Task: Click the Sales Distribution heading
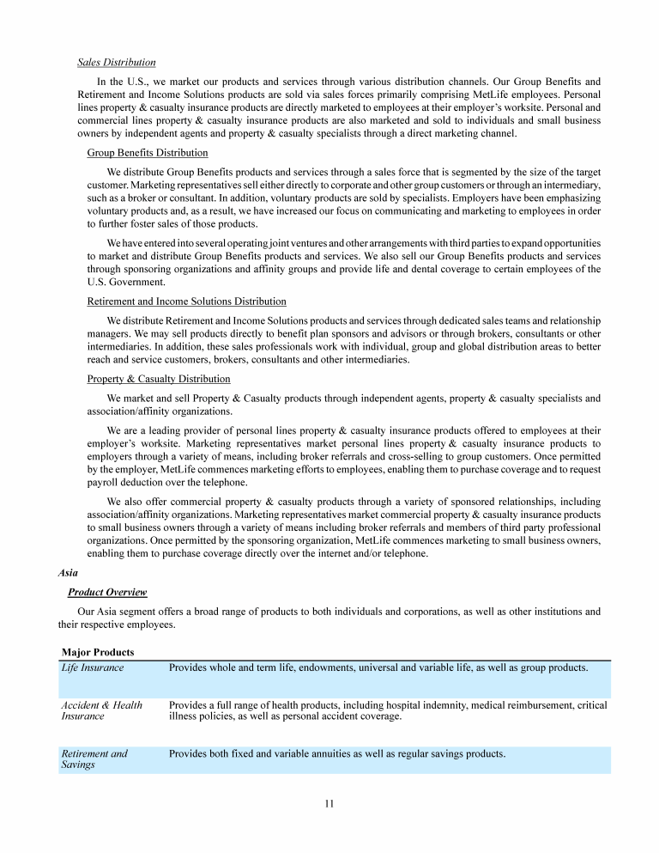click(x=117, y=62)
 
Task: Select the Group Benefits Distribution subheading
click(x=148, y=153)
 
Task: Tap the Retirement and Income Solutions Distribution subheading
click(x=187, y=302)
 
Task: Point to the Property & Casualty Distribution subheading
click(x=159, y=379)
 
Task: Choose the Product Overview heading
click(x=107, y=592)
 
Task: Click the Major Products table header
click(x=98, y=653)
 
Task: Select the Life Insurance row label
click(x=92, y=667)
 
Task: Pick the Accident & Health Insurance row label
click(x=101, y=710)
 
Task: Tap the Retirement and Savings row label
click(x=94, y=759)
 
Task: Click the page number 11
click(x=329, y=804)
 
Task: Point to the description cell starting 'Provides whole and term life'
click(x=378, y=667)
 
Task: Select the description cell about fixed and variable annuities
click(x=336, y=754)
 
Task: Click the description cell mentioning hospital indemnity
click(x=388, y=710)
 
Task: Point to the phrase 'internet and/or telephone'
click(x=365, y=553)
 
